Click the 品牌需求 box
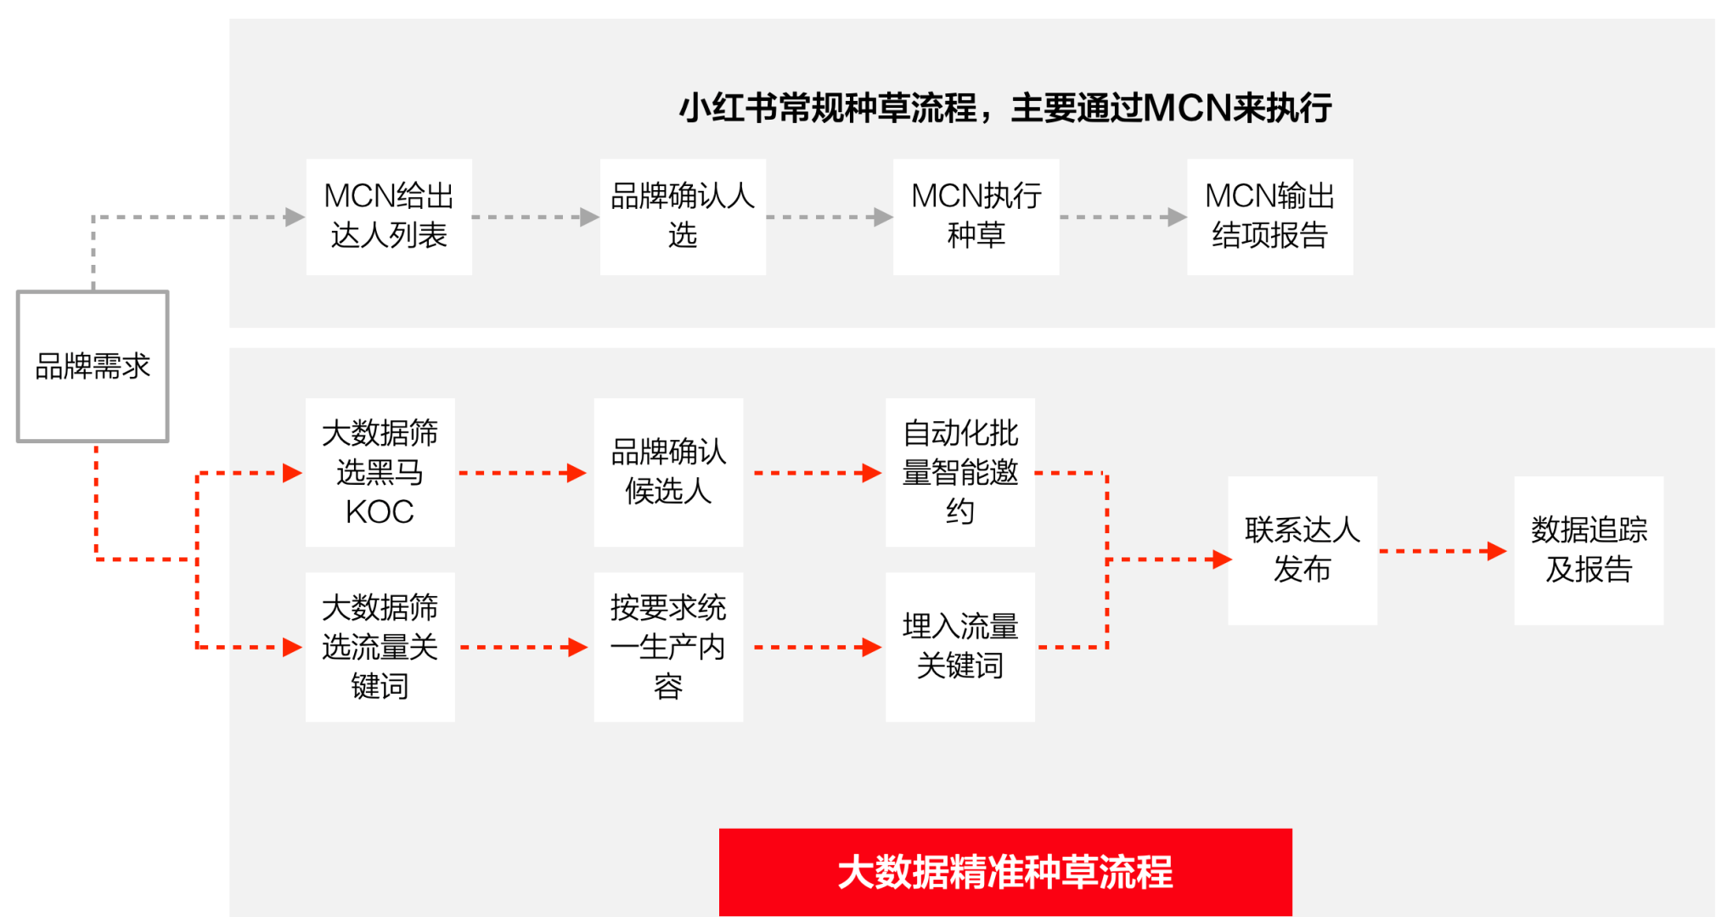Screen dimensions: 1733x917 (x=93, y=366)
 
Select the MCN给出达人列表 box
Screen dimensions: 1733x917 (x=389, y=217)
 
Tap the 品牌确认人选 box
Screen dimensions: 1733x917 (x=683, y=217)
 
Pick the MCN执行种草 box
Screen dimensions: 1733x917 (x=976, y=217)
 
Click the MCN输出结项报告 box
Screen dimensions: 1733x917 (x=1270, y=217)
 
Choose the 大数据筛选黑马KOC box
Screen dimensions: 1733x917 (x=380, y=472)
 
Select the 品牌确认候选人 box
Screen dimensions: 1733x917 (x=668, y=472)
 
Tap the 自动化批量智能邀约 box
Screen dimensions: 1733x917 (x=960, y=472)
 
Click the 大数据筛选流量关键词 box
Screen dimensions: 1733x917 (x=380, y=647)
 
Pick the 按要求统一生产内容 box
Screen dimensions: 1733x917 (x=668, y=647)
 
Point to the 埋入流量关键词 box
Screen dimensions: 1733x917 (x=960, y=647)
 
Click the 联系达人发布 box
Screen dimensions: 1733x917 (x=1303, y=550)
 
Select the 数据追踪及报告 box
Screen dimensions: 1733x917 (x=1589, y=550)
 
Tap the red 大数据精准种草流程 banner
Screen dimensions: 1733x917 (x=1005, y=872)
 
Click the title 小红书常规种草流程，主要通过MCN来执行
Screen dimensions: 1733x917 (x=1005, y=108)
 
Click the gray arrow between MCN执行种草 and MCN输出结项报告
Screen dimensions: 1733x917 (x=1123, y=217)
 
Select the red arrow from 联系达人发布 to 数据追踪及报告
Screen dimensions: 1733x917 (x=1443, y=552)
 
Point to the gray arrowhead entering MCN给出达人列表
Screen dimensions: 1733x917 (x=295, y=217)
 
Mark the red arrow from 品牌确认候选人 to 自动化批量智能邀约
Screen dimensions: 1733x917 (x=818, y=473)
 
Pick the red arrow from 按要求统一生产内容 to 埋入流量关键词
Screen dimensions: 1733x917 (x=818, y=648)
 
